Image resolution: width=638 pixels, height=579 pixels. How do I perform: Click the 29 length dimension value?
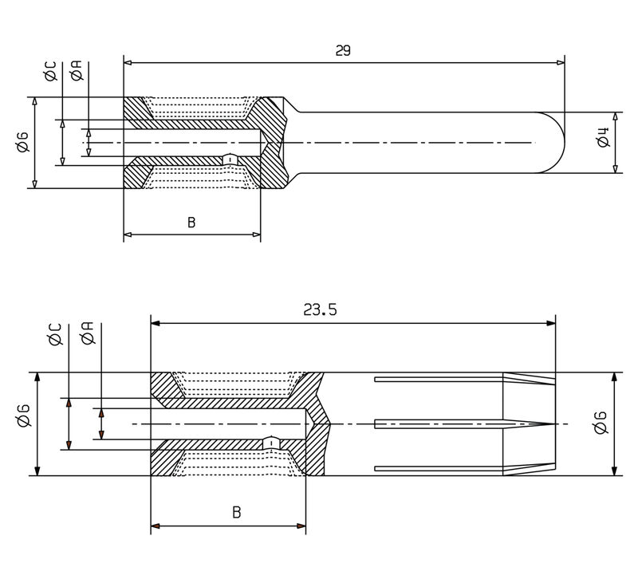343,50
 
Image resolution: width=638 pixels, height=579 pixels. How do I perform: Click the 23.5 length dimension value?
320,310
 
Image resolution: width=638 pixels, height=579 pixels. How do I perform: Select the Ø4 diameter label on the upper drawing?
603,140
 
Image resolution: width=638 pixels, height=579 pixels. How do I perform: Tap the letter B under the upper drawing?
191,223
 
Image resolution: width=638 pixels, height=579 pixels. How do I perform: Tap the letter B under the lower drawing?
237,513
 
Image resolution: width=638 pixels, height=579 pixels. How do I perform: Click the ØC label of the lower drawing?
56,336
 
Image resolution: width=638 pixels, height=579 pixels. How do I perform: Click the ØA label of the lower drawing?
88,336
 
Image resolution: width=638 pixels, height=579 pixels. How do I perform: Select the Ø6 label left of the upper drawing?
22,142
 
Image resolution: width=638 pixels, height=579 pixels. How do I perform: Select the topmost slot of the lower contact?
439,379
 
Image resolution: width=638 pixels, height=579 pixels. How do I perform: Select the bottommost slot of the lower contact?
439,468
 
